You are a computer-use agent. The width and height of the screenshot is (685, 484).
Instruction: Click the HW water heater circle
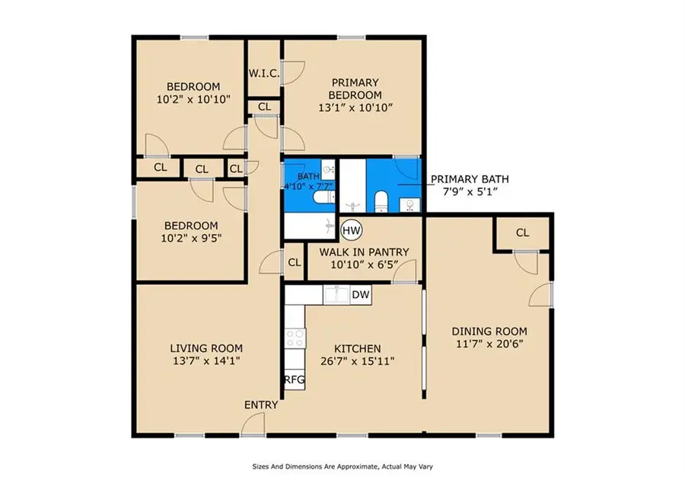coord(351,229)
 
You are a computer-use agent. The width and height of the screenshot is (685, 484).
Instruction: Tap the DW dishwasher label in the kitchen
coord(361,295)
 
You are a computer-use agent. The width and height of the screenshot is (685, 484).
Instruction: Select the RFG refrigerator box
coord(294,380)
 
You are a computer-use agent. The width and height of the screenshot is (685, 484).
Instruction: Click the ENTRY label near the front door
coord(260,405)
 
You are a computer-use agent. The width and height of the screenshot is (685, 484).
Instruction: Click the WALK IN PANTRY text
coord(364,252)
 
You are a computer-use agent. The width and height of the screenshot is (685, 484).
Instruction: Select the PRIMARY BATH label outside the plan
coord(470,179)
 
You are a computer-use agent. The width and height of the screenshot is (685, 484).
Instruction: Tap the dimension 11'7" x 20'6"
coord(489,344)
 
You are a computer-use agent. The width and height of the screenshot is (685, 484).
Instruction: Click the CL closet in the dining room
coord(522,233)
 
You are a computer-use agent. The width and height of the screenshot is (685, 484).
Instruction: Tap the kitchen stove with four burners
coord(294,338)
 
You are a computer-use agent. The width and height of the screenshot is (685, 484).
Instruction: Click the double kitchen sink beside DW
coord(336,294)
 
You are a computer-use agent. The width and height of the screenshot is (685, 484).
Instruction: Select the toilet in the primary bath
coord(381,201)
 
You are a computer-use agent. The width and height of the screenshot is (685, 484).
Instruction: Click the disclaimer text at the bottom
coord(342,466)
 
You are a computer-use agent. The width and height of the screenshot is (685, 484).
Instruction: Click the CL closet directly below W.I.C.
coord(264,107)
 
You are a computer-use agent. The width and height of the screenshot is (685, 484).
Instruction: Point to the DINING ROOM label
coord(489,332)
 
